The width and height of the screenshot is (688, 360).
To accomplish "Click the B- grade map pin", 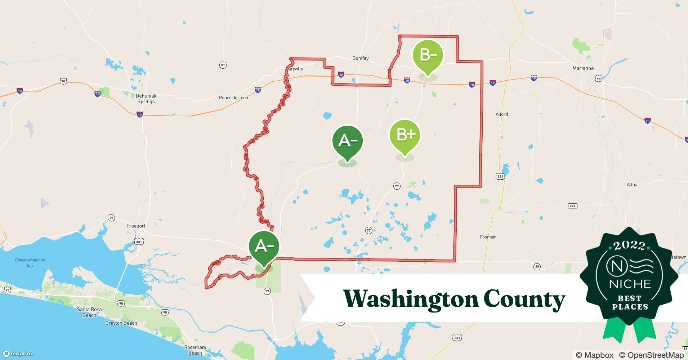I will [x=428, y=56].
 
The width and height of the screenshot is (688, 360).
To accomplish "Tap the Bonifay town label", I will [x=360, y=58].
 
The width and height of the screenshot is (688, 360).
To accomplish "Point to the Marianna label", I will [x=583, y=68].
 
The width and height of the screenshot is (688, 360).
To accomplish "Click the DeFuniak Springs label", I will [x=146, y=99].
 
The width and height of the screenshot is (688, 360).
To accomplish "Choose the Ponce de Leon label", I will [x=233, y=98].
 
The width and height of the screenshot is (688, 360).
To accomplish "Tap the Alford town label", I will [x=501, y=114].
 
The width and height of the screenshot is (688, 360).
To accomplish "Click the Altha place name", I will [x=632, y=185].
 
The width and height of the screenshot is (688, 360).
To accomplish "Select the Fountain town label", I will [x=488, y=237].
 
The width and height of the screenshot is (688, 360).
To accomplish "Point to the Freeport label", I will [x=136, y=226].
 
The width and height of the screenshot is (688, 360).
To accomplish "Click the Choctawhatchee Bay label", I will [x=30, y=263].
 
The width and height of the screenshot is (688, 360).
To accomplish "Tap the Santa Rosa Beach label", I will [x=89, y=312].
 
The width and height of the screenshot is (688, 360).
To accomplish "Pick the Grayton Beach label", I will [x=121, y=323].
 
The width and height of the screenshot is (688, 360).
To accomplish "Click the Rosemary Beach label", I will [x=195, y=350].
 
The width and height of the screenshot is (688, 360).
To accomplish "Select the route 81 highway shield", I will [x=223, y=65].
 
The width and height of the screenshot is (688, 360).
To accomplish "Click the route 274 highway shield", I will [x=572, y=206].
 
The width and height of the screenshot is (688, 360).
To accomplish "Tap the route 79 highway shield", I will [x=267, y=291].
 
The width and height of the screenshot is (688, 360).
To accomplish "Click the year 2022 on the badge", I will [x=629, y=246].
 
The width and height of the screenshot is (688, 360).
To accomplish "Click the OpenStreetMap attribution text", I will [x=651, y=355].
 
